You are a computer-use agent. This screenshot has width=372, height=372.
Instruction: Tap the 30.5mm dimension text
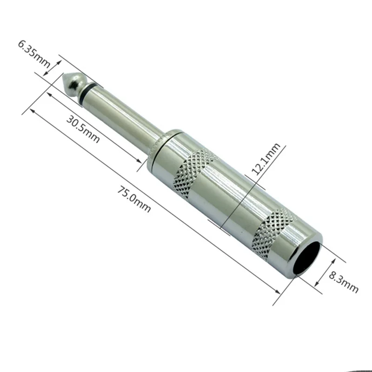point(83,128)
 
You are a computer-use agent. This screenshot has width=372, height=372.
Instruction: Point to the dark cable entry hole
point(307,260)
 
